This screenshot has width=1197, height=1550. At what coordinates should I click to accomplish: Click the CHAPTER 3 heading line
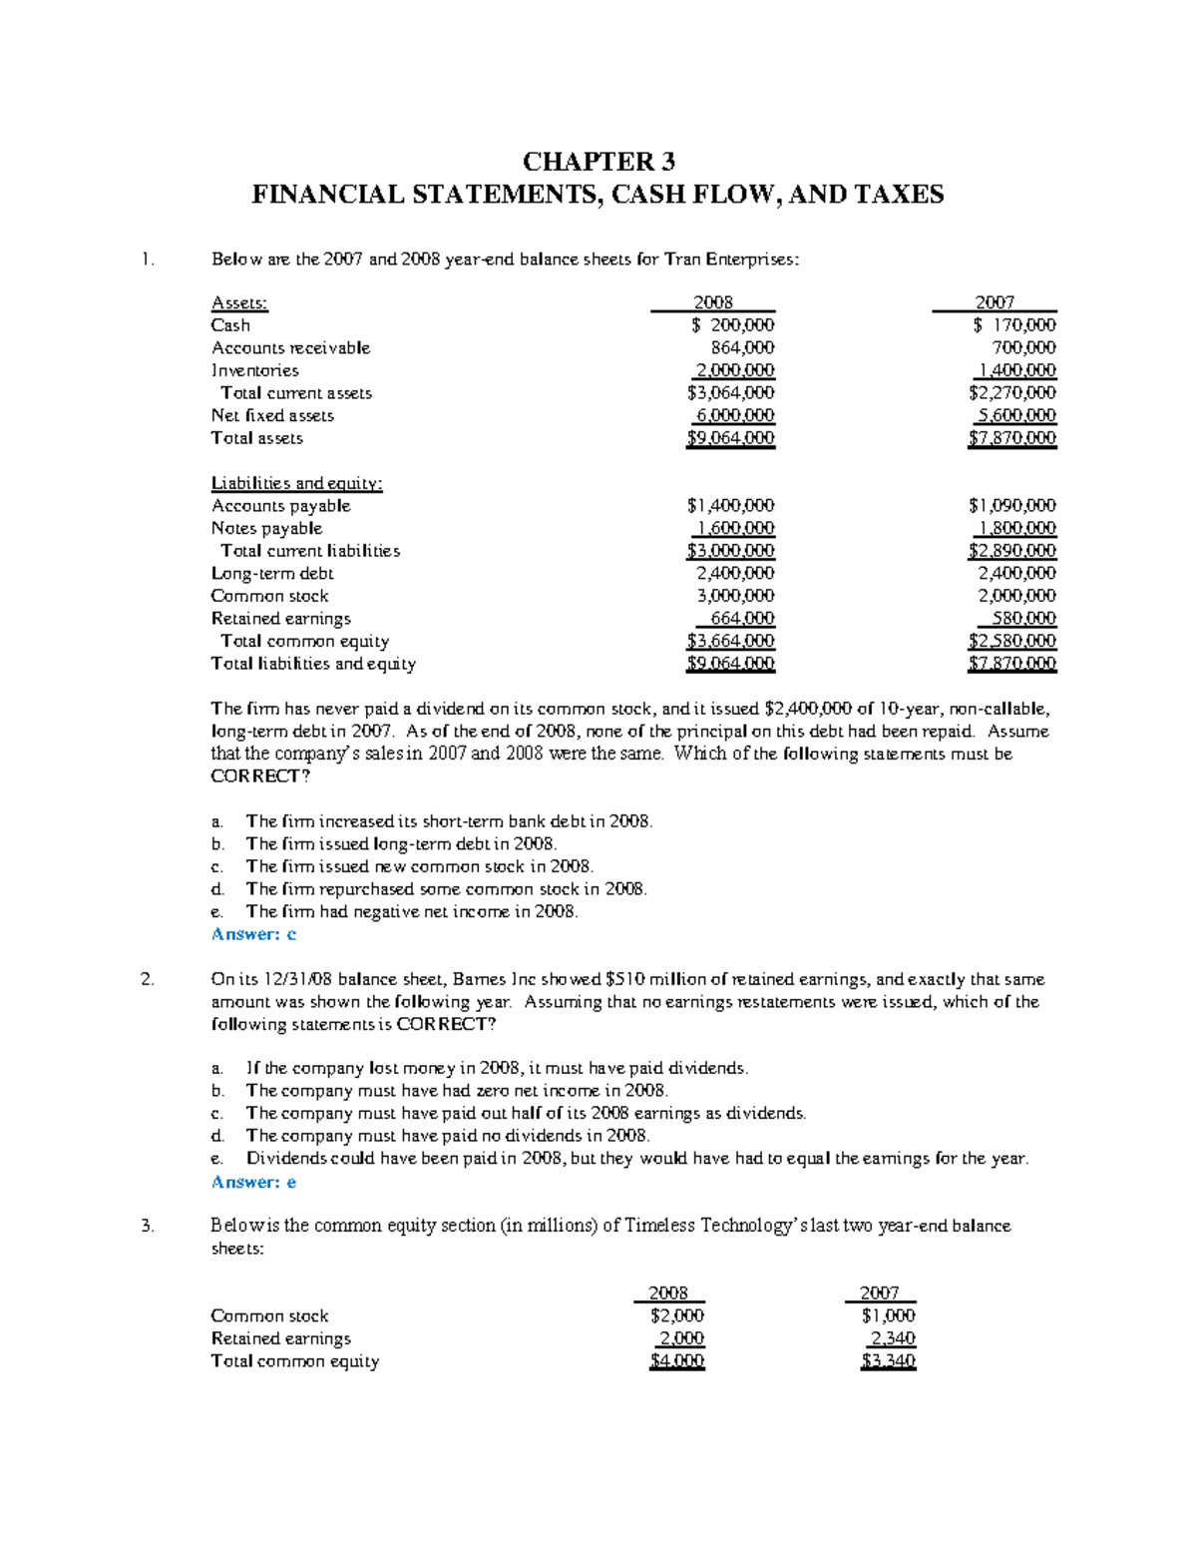(598, 162)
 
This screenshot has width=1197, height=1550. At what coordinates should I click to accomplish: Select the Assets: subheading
(239, 302)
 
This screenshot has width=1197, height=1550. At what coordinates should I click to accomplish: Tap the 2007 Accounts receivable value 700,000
(1023, 348)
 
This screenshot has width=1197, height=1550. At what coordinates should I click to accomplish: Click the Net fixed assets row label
(272, 415)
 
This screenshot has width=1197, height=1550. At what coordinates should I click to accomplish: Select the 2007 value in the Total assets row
(1011, 438)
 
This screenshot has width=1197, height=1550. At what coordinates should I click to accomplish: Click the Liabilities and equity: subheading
(296, 483)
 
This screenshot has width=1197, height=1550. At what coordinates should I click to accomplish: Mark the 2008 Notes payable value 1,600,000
(736, 529)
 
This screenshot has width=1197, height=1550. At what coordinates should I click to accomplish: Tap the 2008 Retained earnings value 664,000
(742, 619)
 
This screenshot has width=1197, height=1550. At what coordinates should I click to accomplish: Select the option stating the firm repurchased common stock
(446, 889)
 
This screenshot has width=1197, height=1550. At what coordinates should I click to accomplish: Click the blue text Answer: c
(253, 934)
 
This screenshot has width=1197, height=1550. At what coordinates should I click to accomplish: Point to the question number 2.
(148, 980)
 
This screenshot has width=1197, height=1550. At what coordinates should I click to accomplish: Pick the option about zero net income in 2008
(457, 1091)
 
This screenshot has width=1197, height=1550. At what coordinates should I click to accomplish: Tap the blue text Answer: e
(253, 1182)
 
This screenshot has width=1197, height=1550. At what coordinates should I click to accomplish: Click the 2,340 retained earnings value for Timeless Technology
(893, 1338)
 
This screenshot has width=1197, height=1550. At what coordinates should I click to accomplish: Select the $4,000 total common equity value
(677, 1361)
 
